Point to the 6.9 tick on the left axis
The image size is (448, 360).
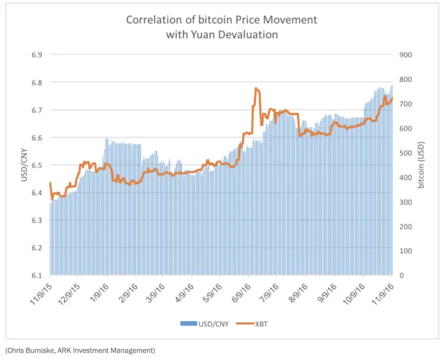(35, 55)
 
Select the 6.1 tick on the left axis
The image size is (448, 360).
(35, 275)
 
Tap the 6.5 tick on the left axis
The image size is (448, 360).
(35, 165)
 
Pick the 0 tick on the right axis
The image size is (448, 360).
(401, 275)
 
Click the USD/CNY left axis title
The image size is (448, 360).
(23, 165)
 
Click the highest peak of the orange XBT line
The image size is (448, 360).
(256, 89)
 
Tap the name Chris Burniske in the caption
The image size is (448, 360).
(29, 350)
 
